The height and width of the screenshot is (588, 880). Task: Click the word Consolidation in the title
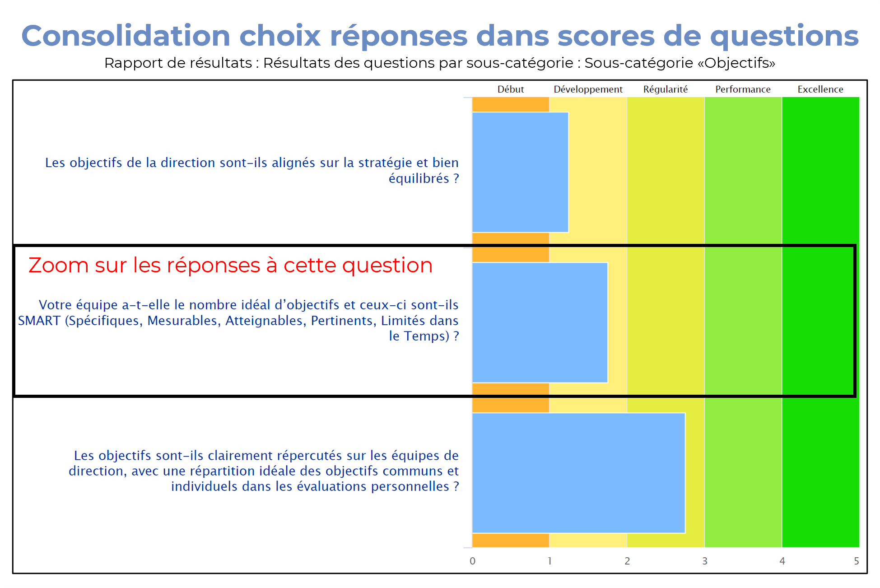point(126,36)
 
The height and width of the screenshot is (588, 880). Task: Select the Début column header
point(511,89)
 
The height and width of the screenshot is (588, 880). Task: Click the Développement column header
point(588,89)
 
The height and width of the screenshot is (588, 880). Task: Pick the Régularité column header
point(666,89)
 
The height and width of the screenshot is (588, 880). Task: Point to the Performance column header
point(743,89)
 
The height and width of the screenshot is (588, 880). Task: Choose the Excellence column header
point(820,89)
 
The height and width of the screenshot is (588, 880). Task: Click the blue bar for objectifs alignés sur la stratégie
point(520,172)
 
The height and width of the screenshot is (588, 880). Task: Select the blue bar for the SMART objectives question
point(540,322)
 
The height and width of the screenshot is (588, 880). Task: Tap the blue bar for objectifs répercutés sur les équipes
point(579,473)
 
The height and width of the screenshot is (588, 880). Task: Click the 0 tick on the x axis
point(472,561)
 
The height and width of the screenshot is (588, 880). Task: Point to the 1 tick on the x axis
point(549,561)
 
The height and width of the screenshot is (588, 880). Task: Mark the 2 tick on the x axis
point(627,561)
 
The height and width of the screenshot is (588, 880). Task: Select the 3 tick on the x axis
point(705,561)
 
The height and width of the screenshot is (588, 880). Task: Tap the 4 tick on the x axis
point(782,561)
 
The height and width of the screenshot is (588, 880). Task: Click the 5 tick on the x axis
point(856,561)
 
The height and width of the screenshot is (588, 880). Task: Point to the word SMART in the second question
point(39,321)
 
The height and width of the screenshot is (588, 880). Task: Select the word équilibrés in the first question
point(419,178)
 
